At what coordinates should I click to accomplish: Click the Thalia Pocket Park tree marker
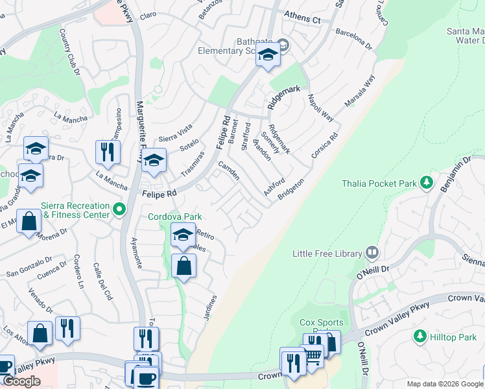[x=426, y=183]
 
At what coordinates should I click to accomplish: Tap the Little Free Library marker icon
[x=372, y=252]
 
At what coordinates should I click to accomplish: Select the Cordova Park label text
[x=175, y=217]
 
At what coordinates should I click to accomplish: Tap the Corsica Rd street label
[x=326, y=147]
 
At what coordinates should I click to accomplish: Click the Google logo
[x=21, y=381]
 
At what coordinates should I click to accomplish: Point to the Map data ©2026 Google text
[x=445, y=384]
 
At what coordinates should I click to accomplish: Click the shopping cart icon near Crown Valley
[x=313, y=354]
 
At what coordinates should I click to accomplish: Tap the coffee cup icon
[x=145, y=378]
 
